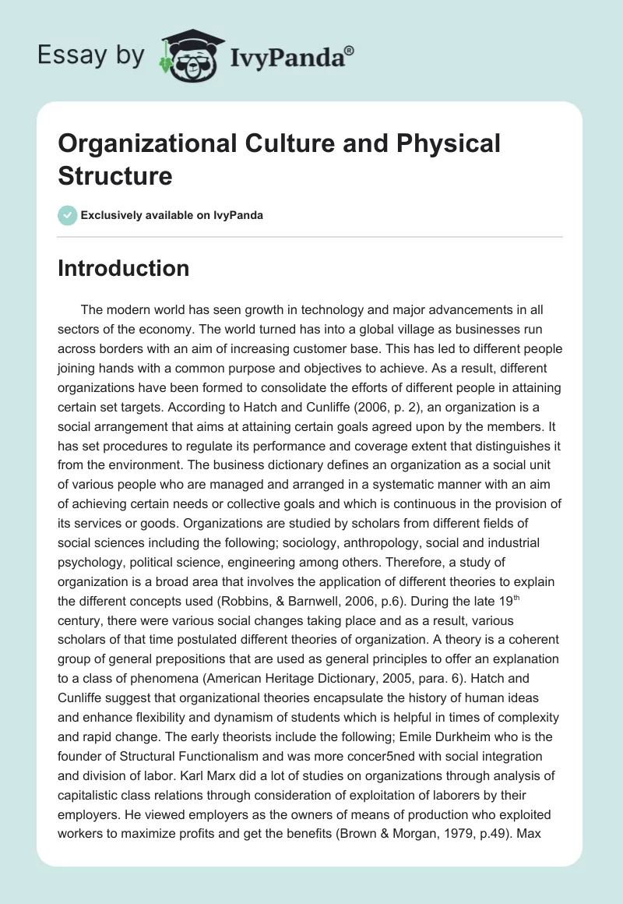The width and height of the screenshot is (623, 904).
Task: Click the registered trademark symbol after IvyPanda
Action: (350, 51)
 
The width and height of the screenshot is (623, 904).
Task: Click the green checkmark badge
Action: (68, 215)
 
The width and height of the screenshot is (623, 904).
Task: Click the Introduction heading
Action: (124, 268)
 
